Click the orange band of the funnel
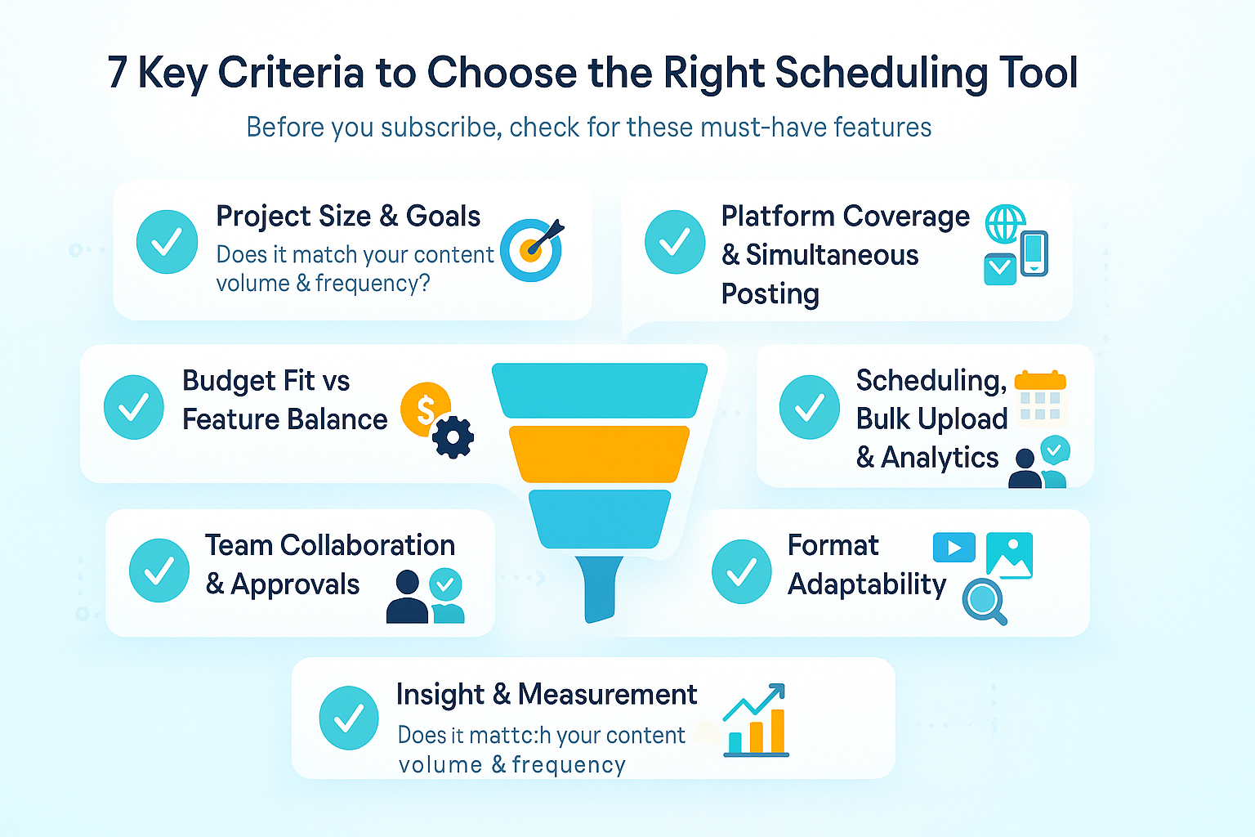pyautogui.click(x=599, y=454)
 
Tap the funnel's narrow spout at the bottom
pyautogui.click(x=600, y=589)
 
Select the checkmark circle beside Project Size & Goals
pyautogui.click(x=167, y=242)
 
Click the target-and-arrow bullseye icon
pyautogui.click(x=532, y=249)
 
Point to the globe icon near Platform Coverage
pyautogui.click(x=1004, y=224)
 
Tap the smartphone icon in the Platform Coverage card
pyautogui.click(x=1034, y=253)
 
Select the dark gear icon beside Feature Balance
pyautogui.click(x=453, y=436)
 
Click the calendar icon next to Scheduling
pyautogui.click(x=1040, y=397)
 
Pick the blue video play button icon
pyautogui.click(x=954, y=548)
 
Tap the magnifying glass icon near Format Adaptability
pyautogui.click(x=983, y=602)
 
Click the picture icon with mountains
pyautogui.click(x=1010, y=556)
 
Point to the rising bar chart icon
pyautogui.click(x=756, y=721)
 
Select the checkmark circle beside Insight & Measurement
pyautogui.click(x=349, y=718)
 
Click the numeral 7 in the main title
pyautogui.click(x=118, y=74)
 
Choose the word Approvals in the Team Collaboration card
pyautogui.click(x=295, y=584)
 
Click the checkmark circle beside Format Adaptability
pyautogui.click(x=741, y=571)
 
